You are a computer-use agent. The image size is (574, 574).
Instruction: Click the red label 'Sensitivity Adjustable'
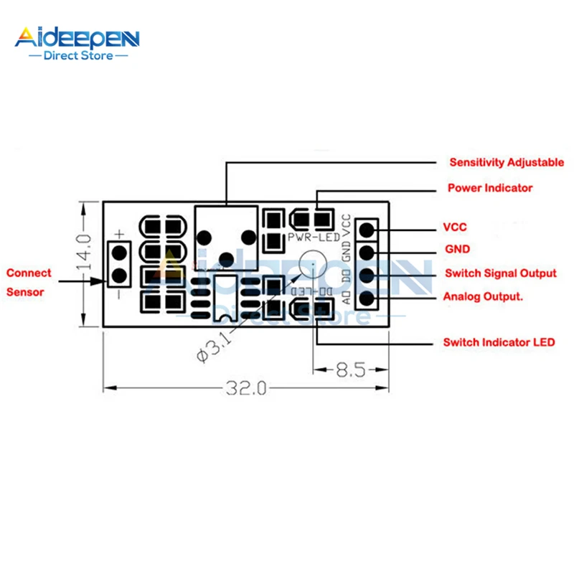point(506,163)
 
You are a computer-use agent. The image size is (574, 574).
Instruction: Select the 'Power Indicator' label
point(490,188)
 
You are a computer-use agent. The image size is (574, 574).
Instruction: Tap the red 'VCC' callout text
point(456,228)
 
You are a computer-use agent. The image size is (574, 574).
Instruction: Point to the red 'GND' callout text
point(457,250)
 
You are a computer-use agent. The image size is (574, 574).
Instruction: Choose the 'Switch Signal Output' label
point(500,273)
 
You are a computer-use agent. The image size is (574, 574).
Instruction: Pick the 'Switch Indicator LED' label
point(499,343)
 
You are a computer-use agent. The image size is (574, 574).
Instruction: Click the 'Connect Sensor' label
point(29,282)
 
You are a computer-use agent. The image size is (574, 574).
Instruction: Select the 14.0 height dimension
point(85,251)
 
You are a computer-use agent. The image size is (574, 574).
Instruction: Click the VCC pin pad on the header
point(367,230)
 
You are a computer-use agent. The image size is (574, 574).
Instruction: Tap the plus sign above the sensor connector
point(119,234)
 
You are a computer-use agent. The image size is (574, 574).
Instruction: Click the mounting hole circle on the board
point(311,265)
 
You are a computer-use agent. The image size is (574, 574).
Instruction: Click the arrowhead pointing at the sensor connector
point(99,282)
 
